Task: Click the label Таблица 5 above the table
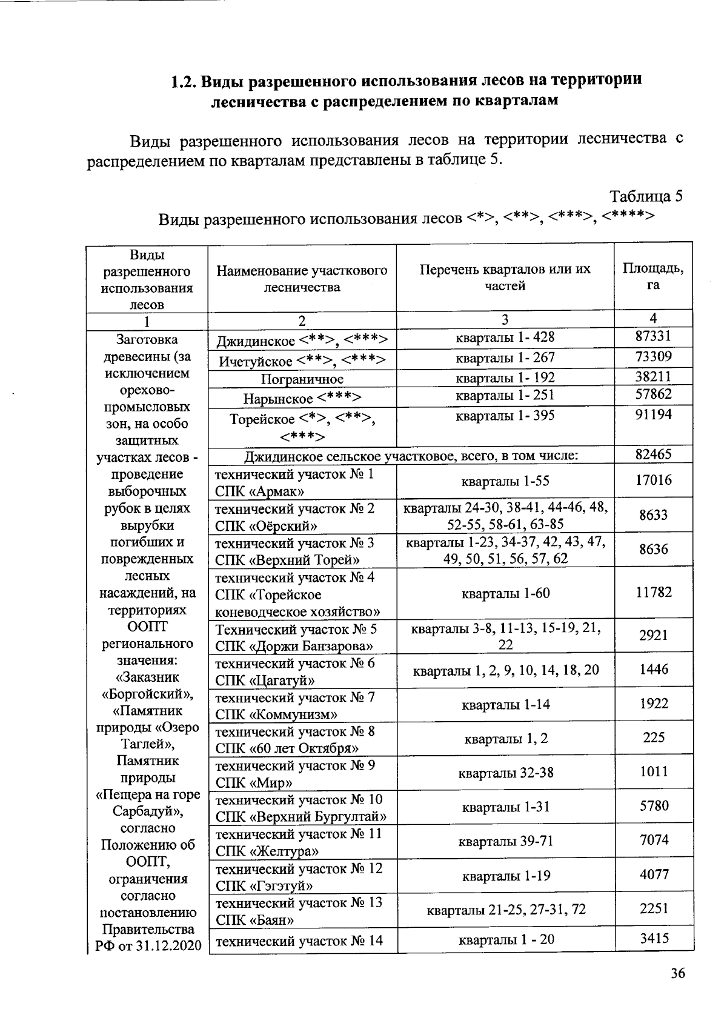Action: point(646,196)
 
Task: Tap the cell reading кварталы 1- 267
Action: point(505,358)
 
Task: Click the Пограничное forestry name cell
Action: point(302,379)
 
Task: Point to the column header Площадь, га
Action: point(653,276)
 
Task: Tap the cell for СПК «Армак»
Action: point(302,482)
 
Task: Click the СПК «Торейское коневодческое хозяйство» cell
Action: point(302,594)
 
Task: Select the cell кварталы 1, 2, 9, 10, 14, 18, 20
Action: point(505,670)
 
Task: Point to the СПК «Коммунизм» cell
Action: point(302,705)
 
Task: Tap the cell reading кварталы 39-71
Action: point(505,841)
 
